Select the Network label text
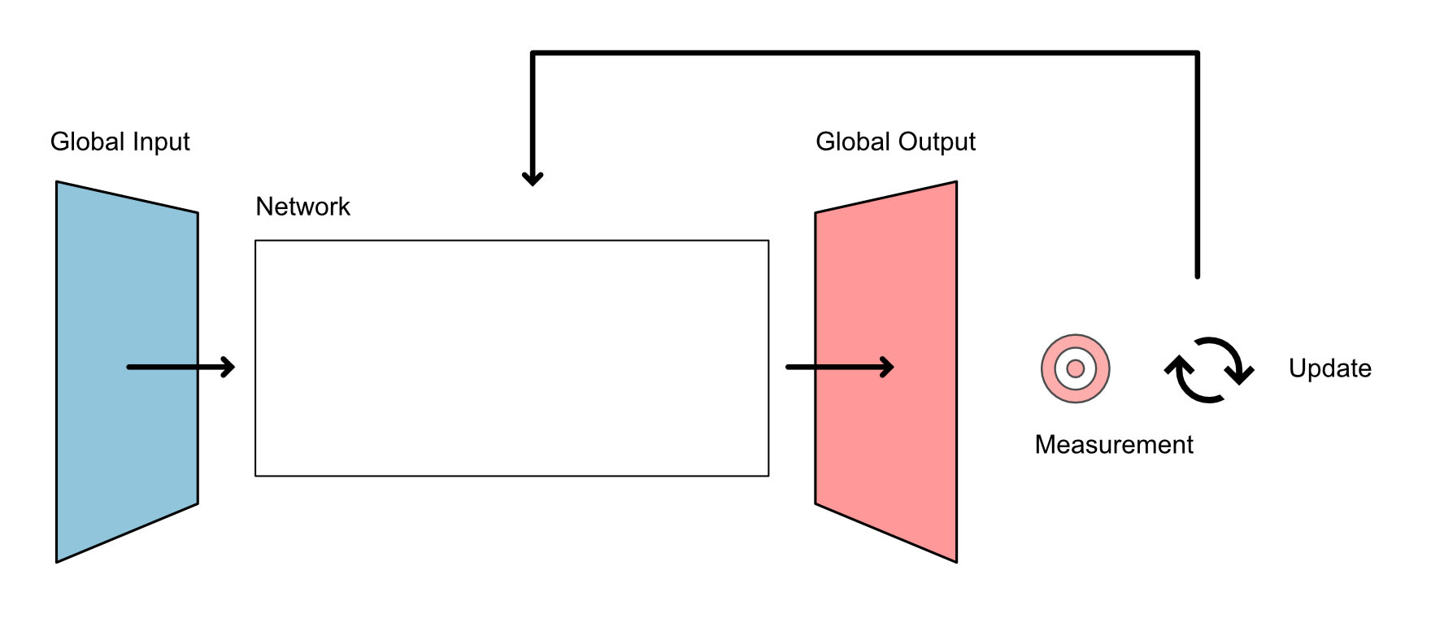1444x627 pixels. (x=302, y=207)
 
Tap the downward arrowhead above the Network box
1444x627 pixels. (x=533, y=177)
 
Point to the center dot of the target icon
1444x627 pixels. (x=1075, y=368)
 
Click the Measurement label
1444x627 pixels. (x=1113, y=445)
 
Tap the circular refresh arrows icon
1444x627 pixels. (x=1209, y=369)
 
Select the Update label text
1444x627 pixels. (x=1329, y=368)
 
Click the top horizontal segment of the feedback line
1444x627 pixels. (x=862, y=54)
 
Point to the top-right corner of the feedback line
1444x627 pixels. (x=1197, y=54)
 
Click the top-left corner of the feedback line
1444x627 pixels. (x=533, y=54)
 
